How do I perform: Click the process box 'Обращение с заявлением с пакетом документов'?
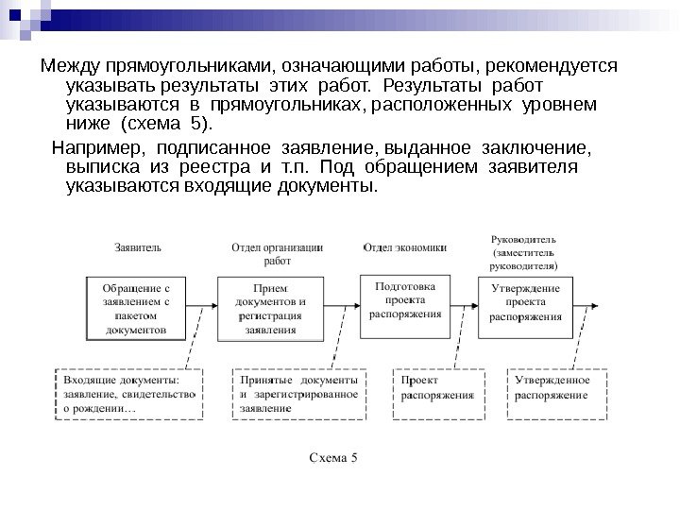tap(139, 307)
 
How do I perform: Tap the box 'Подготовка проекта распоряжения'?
tap(405, 301)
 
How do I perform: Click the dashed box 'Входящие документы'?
tap(128, 394)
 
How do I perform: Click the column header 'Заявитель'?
tap(137, 247)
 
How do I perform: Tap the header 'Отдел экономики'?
tap(404, 247)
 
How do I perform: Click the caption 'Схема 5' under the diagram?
tap(335, 460)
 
